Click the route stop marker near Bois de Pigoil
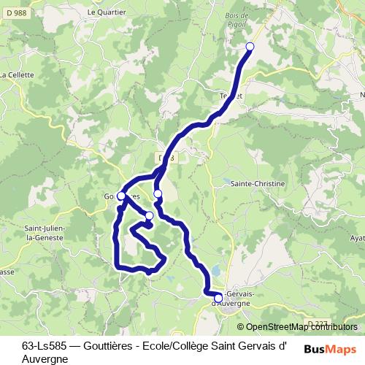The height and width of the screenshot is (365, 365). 250,47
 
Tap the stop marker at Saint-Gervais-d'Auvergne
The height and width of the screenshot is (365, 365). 218,298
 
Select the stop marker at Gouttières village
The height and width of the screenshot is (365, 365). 121,196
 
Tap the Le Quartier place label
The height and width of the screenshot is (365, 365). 103,12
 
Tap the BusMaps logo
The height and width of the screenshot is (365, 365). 330,349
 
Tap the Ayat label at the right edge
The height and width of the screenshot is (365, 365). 357,238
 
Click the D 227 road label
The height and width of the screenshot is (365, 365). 318,323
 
